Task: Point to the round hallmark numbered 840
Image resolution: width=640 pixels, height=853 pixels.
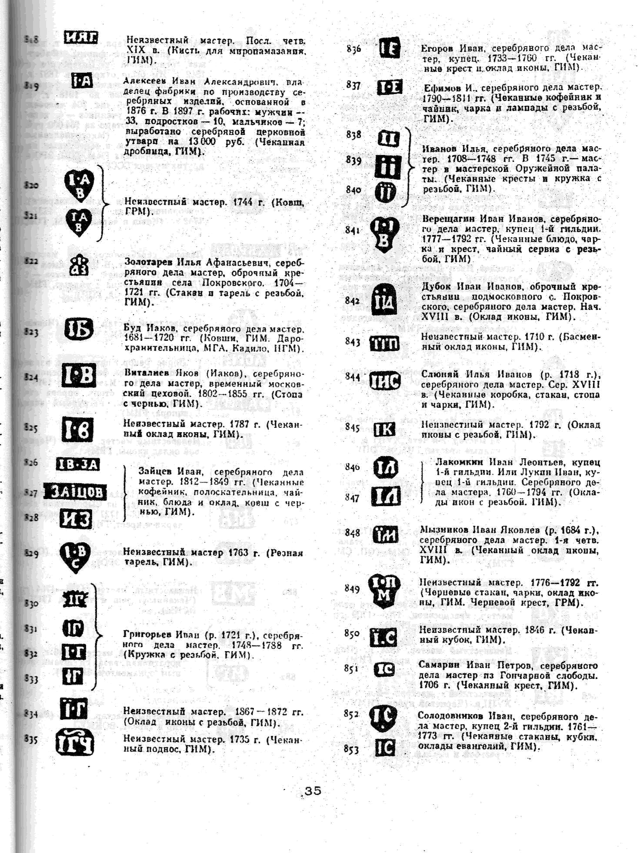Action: (385, 192)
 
